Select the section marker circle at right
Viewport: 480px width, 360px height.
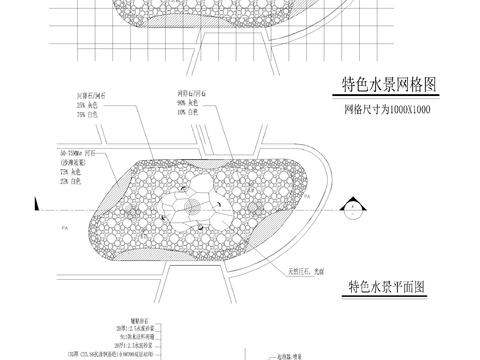[351, 208]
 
